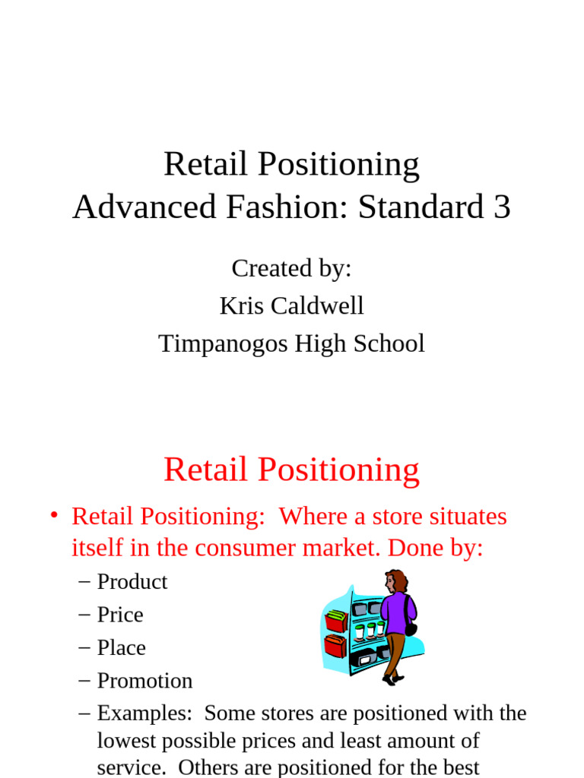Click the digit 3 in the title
pos(502,207)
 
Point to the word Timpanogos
pos(212,343)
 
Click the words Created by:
pos(291,268)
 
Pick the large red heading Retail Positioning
pos(291,470)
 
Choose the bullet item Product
pos(132,582)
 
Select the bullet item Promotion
pos(144,681)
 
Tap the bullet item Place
pos(121,648)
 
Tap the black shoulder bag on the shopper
pos(411,628)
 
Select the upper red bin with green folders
pos(336,620)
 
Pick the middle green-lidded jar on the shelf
pos(370,630)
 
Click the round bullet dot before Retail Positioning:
pos(53,517)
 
